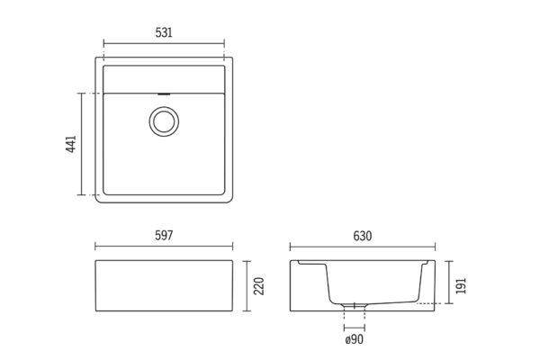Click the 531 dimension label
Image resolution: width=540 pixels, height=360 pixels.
[164, 32]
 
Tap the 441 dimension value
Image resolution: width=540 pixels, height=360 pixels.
[71, 144]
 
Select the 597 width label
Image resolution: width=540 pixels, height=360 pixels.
[164, 236]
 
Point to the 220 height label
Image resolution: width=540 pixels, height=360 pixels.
[258, 286]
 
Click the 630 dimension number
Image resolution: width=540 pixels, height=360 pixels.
[363, 236]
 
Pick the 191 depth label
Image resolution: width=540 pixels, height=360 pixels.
[461, 285]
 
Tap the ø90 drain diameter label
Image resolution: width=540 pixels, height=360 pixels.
[354, 339]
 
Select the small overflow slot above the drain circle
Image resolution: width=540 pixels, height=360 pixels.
[164, 94]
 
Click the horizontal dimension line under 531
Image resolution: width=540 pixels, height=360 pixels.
[164, 44]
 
